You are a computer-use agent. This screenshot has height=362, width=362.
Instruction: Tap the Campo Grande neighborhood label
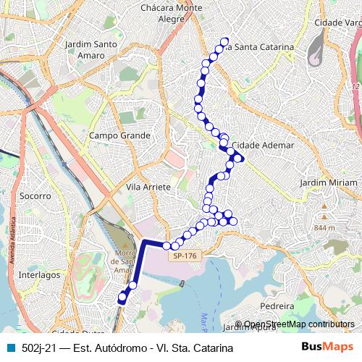[119, 135]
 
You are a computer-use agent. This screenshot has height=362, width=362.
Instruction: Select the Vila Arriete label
[148, 187]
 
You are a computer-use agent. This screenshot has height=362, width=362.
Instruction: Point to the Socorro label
[35, 195]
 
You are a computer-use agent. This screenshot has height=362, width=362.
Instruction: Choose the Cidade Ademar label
[264, 145]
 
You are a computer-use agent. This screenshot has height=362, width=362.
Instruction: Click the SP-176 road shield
[185, 256]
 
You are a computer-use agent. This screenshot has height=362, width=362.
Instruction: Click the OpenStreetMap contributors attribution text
[298, 324]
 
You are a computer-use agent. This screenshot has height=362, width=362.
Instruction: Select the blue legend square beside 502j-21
[9, 348]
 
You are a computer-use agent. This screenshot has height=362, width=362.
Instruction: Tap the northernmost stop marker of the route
[224, 41]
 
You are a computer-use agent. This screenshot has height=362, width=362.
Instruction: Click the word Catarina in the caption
[211, 348]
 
